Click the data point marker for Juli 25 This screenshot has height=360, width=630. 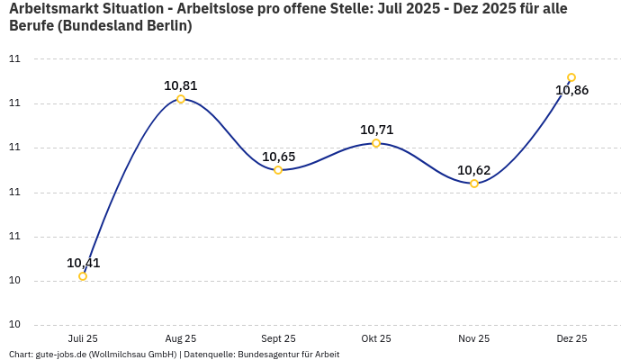pos(83,276)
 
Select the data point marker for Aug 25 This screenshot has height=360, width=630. pos(181,99)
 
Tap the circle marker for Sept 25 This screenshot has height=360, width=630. pos(278,170)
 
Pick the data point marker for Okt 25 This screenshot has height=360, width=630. pos(376,143)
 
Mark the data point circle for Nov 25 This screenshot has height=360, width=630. pos(474,184)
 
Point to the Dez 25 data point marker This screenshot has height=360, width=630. pos(571,77)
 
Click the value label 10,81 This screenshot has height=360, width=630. pos(181,86)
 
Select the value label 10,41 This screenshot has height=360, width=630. pos(84,264)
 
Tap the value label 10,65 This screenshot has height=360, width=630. pos(278,157)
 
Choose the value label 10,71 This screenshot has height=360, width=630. pos(376,130)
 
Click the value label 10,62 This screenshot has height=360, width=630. pos(474,170)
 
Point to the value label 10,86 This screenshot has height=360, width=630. pos(571,90)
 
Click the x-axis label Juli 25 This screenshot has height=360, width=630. pos(83,338)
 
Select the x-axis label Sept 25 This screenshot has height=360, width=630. pos(278,338)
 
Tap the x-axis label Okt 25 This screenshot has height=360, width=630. pos(376,338)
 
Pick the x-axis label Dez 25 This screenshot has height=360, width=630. pos(571,338)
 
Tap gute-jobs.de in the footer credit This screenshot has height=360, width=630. pos(60,355)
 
